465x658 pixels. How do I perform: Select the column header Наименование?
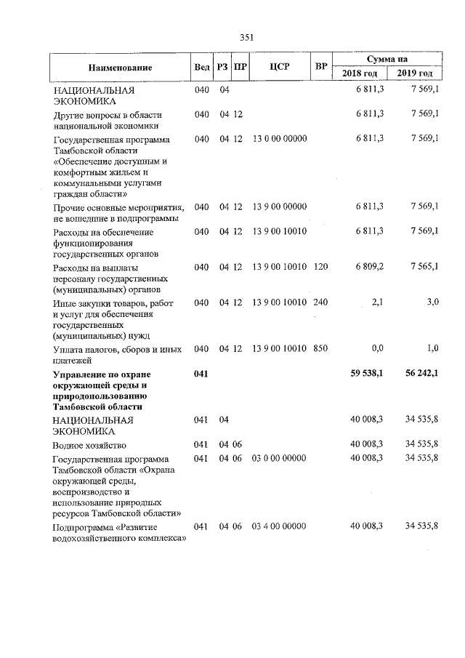[x=121, y=68]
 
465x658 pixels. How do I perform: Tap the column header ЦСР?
[x=280, y=67]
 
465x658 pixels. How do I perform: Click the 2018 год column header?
[x=360, y=74]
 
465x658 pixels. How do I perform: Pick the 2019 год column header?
[x=415, y=74]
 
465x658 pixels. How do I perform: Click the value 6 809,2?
[x=369, y=267]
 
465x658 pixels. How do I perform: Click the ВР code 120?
[x=320, y=267]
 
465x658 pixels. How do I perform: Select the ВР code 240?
[x=320, y=302]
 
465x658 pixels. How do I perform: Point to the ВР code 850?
[x=320, y=348]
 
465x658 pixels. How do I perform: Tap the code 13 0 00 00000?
[x=279, y=138]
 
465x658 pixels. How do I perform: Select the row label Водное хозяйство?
[x=89, y=444]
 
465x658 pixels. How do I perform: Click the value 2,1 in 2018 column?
[x=377, y=302]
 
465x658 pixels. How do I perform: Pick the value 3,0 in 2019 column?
[x=432, y=302]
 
